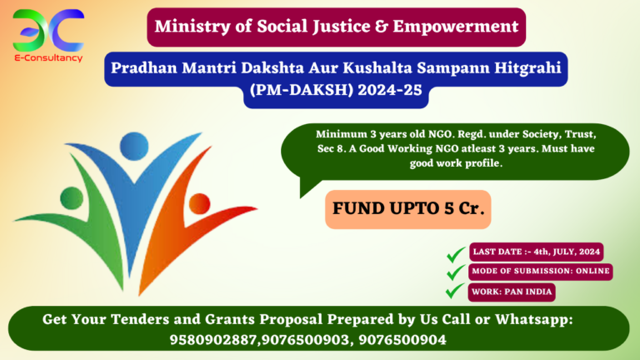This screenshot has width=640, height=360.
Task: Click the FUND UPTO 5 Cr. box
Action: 407,209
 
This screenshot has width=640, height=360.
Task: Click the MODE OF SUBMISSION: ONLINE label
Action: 541,271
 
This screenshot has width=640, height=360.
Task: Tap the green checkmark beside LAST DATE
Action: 455,252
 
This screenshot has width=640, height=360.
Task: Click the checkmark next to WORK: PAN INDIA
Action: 455,292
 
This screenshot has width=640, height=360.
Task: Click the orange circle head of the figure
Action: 199,202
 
